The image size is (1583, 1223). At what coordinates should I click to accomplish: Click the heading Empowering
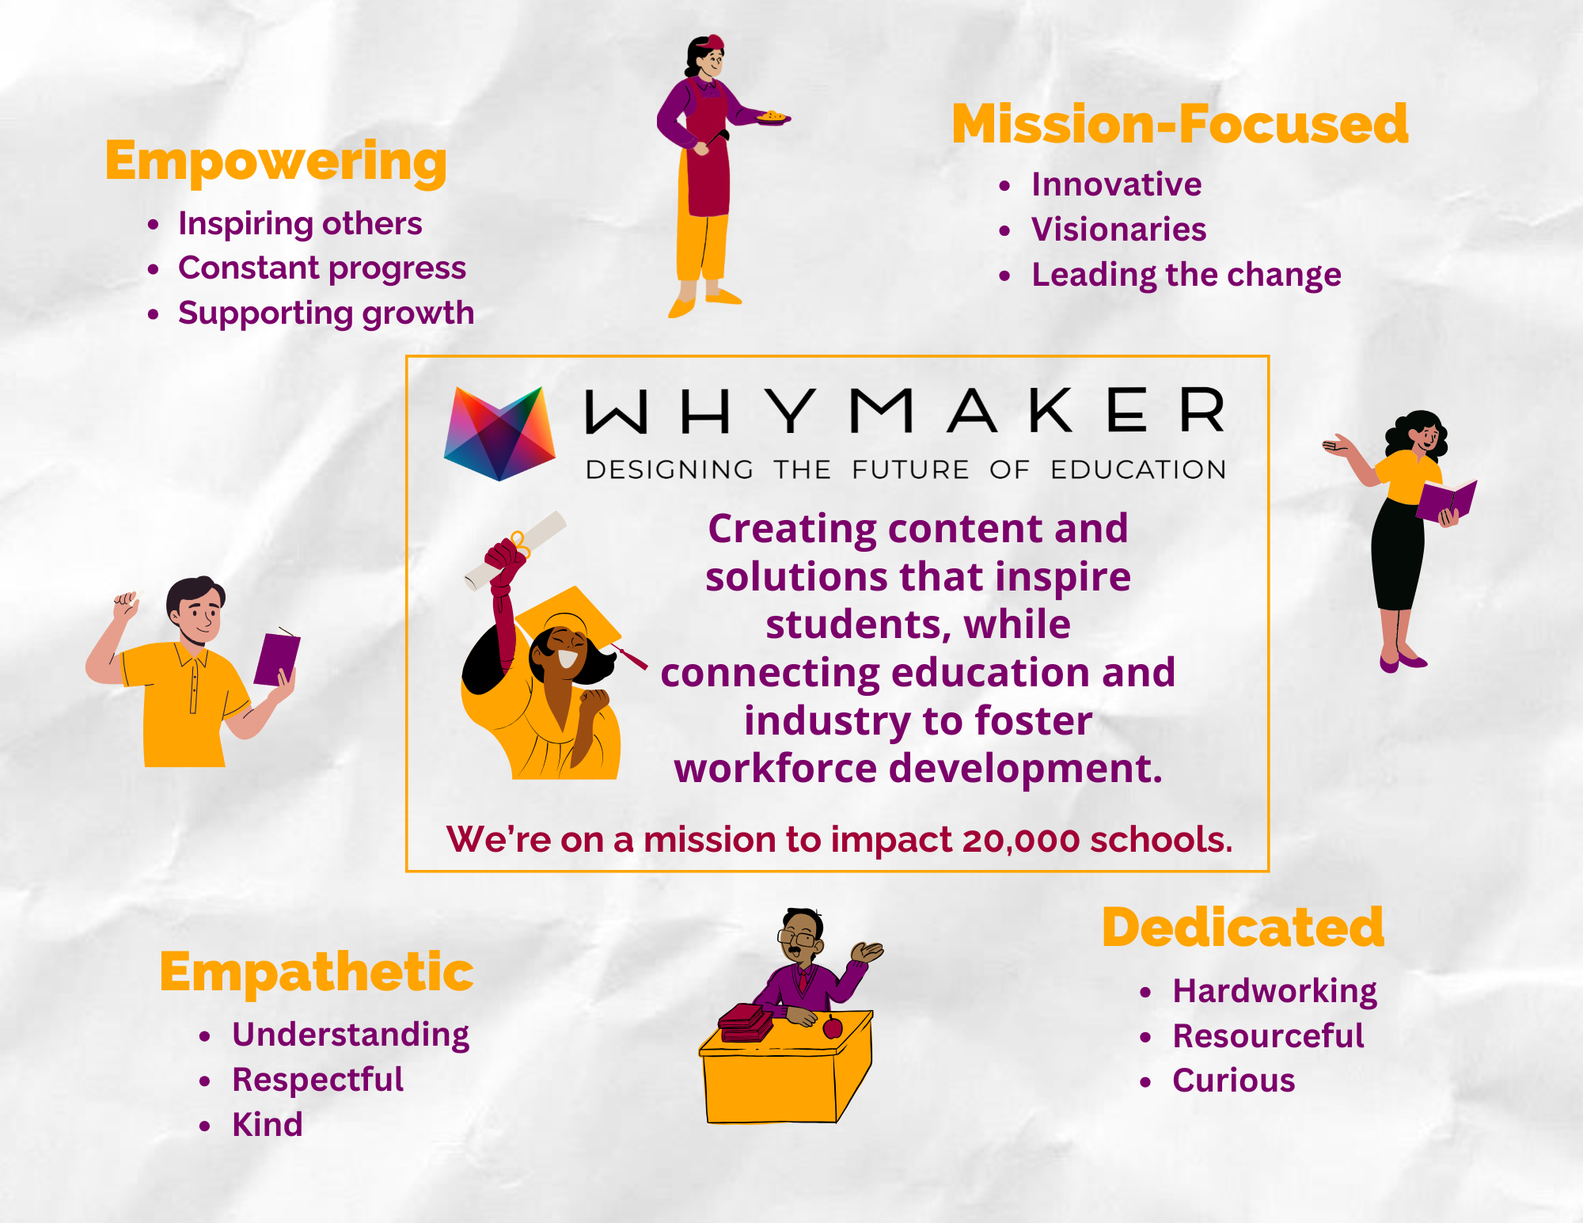point(276,162)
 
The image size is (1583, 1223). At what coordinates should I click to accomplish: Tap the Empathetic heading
point(317,974)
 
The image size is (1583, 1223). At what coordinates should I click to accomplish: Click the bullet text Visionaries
point(1118,230)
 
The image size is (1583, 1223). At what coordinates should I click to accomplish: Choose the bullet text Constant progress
point(322,269)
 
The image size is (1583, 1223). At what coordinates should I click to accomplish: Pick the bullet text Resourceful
point(1268,1035)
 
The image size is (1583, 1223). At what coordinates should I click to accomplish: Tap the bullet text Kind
point(268,1125)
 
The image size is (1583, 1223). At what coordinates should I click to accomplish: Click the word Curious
point(1234,1081)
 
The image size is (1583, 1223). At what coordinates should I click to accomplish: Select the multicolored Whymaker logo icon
point(499,433)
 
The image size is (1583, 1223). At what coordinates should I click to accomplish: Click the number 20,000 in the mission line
point(1021,840)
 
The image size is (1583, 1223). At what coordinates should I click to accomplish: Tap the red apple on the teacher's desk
point(833,1027)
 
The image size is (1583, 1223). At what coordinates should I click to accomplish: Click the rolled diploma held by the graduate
point(515,551)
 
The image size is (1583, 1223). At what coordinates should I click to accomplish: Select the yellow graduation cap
point(568,621)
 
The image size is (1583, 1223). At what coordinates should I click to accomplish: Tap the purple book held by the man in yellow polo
point(277,658)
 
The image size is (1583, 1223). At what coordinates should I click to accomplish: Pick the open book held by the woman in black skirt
point(1447,499)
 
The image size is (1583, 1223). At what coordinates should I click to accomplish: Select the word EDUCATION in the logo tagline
point(1138,470)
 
